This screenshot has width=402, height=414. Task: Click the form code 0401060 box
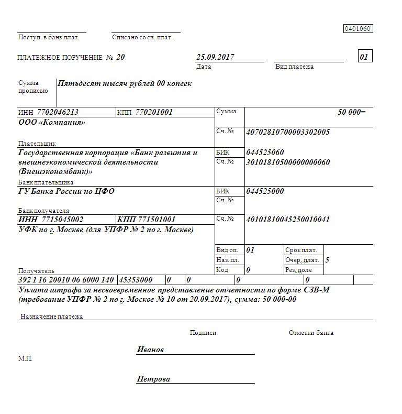[358, 29]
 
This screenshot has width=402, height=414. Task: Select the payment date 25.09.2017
[215, 57]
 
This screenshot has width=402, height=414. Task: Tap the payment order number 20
[121, 57]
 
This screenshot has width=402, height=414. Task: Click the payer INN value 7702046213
[58, 112]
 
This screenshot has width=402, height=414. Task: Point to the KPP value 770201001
[154, 112]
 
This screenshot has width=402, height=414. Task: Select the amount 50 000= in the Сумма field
[352, 112]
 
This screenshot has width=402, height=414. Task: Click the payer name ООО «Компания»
[51, 122]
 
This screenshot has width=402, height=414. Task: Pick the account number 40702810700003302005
[288, 132]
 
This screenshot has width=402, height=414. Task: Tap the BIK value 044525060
[265, 152]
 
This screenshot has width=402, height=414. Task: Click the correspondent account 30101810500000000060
[288, 162]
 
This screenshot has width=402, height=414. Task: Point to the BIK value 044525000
[265, 191]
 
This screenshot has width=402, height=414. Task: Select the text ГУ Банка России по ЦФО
[66, 191]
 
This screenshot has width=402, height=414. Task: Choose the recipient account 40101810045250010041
[288, 220]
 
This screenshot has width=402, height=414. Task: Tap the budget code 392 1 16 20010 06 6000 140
[66, 280]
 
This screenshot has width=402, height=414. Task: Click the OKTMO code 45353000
[136, 280]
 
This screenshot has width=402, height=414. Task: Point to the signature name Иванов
[150, 350]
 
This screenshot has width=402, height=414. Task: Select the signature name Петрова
[153, 379]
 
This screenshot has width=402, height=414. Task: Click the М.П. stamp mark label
[25, 358]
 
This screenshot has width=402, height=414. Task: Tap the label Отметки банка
[311, 333]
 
